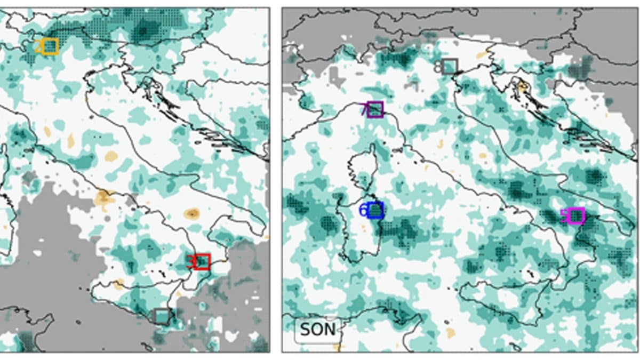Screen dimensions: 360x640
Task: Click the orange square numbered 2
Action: click(x=51, y=46)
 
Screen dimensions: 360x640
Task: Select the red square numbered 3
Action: click(x=202, y=262)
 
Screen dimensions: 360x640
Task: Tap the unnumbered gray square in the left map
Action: click(x=162, y=316)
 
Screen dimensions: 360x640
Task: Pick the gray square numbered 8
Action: click(x=450, y=66)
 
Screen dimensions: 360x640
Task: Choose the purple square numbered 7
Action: click(x=375, y=109)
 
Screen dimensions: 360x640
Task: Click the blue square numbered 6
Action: click(x=375, y=210)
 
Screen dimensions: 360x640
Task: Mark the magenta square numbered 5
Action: click(x=576, y=216)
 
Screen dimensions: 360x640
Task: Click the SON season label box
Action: click(x=318, y=330)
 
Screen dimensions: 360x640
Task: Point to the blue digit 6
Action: click(x=363, y=211)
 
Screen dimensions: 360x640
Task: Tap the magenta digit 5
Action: click(x=564, y=216)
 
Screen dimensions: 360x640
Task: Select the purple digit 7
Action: click(x=364, y=110)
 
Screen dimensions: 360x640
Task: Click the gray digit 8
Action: click(x=438, y=67)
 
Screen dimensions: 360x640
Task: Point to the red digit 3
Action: click(x=190, y=262)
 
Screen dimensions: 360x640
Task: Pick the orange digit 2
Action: click(x=38, y=47)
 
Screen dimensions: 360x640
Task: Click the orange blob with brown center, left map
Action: click(x=191, y=214)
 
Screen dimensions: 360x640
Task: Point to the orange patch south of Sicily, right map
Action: click(x=451, y=333)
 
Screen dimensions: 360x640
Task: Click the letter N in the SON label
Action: click(x=330, y=330)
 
